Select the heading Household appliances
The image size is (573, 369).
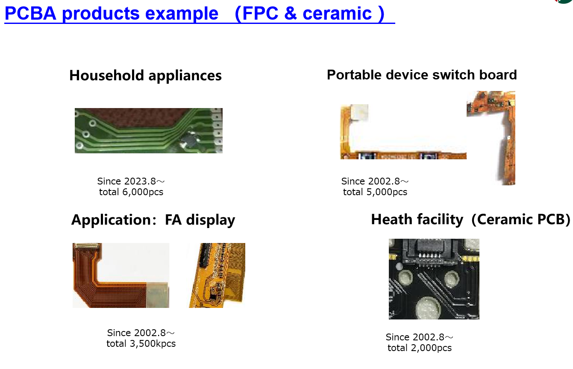(145, 76)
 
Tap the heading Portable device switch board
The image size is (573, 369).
(422, 75)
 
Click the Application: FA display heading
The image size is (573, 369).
(153, 220)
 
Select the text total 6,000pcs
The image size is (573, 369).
(131, 192)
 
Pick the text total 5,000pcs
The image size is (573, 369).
(375, 192)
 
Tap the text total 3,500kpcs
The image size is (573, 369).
(141, 344)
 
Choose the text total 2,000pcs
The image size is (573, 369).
(419, 348)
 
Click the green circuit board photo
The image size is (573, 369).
(148, 130)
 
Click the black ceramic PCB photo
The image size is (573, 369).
(434, 279)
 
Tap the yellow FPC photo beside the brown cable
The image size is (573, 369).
(217, 275)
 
